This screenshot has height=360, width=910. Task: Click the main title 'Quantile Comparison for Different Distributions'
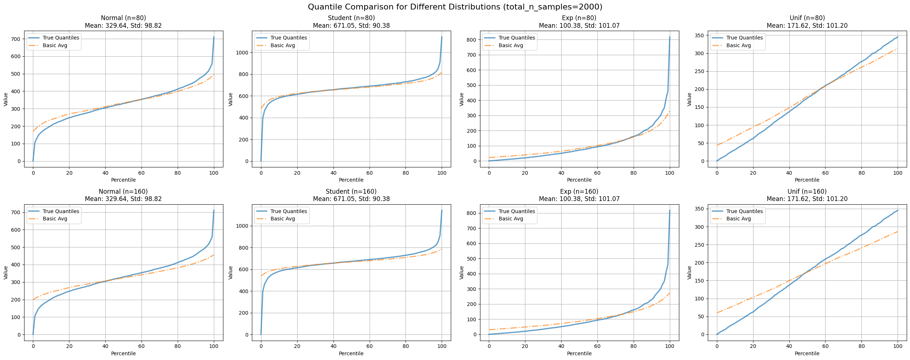tap(455, 7)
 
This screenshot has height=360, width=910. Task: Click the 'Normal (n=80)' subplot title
tap(123, 18)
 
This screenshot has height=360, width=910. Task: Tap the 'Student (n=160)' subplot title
tap(351, 192)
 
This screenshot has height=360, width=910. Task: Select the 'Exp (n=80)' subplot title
tap(579, 18)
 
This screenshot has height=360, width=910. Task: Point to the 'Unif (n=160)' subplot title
tap(807, 192)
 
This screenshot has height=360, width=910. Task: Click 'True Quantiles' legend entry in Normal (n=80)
tap(61, 38)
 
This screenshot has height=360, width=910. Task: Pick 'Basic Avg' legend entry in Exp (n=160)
tap(511, 219)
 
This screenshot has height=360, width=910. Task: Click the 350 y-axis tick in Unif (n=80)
tap(702, 35)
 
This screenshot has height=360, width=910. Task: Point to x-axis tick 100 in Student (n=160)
tap(442, 346)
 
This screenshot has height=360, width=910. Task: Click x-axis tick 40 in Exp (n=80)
tap(561, 173)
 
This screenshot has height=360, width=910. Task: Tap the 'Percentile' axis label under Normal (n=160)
tap(123, 353)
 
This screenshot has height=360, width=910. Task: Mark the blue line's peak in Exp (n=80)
tap(670, 37)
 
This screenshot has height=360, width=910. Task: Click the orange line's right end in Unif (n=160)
tap(898, 231)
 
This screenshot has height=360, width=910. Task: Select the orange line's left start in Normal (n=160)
tap(33, 300)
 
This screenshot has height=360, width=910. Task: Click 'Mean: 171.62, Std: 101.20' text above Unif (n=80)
tap(807, 26)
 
